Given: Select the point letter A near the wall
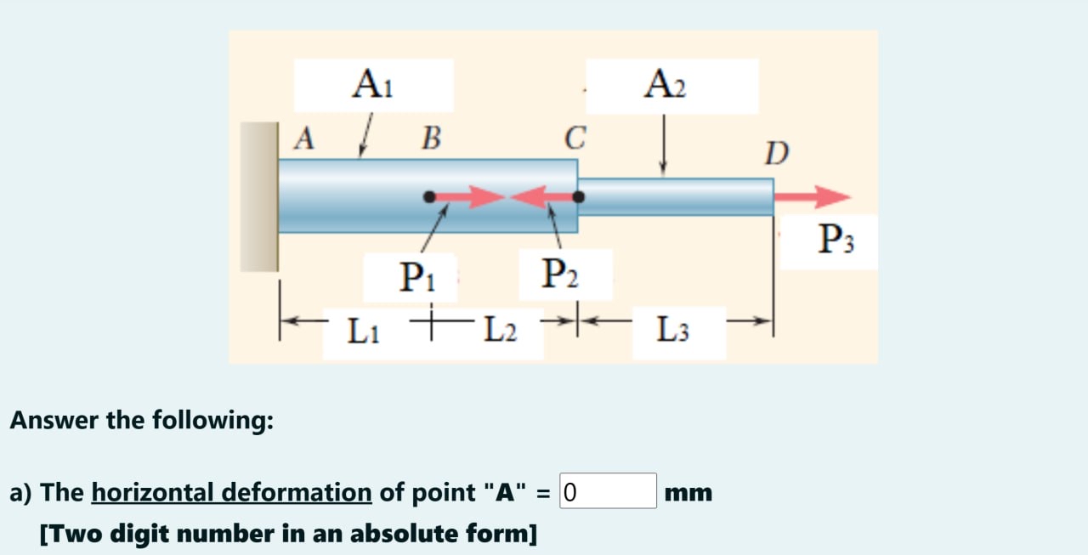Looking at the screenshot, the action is coord(303,139).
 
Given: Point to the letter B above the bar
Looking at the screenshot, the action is coord(431,139).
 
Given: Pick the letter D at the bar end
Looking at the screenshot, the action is coord(776,154).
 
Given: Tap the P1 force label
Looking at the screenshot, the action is coord(413,278).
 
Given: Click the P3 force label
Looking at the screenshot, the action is coord(836,241).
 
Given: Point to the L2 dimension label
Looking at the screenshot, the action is coord(499,329).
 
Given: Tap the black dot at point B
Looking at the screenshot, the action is coord(430,197).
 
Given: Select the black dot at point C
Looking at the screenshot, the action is coord(579,197).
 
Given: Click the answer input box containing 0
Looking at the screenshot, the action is coord(608,491).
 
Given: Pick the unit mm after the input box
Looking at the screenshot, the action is coord(688,492).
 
